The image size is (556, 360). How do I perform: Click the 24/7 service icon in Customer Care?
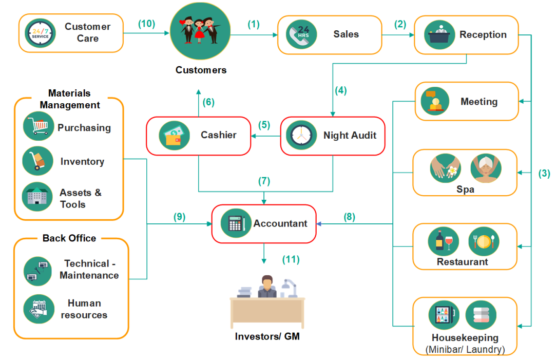click(x=40, y=33)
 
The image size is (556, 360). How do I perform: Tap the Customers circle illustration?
click(x=200, y=31)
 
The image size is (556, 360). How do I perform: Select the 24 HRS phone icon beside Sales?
click(x=301, y=34)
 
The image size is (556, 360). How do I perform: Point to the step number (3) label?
click(x=544, y=174)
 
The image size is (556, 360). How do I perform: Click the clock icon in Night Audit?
click(x=301, y=136)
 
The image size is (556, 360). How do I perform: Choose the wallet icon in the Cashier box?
click(x=174, y=136)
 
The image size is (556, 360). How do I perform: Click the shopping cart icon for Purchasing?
click(x=39, y=126)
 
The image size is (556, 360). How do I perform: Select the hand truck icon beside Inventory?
click(x=38, y=161)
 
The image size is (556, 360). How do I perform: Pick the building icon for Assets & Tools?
click(x=38, y=197)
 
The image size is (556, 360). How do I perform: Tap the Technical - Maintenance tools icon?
click(x=39, y=271)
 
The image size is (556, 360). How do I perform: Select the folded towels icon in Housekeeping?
click(x=481, y=315)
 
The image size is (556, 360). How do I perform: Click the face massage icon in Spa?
click(x=486, y=168)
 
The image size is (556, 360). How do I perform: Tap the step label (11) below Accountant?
click(x=291, y=259)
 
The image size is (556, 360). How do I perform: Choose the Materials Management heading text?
click(x=70, y=99)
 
